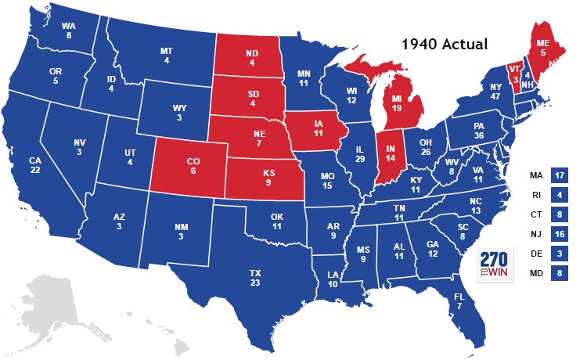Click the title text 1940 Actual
point(444,44)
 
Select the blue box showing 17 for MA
point(558,176)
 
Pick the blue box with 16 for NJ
point(558,234)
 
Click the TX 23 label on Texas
point(255,278)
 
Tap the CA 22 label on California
point(35,166)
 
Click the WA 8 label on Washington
point(69,31)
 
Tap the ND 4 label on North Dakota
point(252,58)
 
